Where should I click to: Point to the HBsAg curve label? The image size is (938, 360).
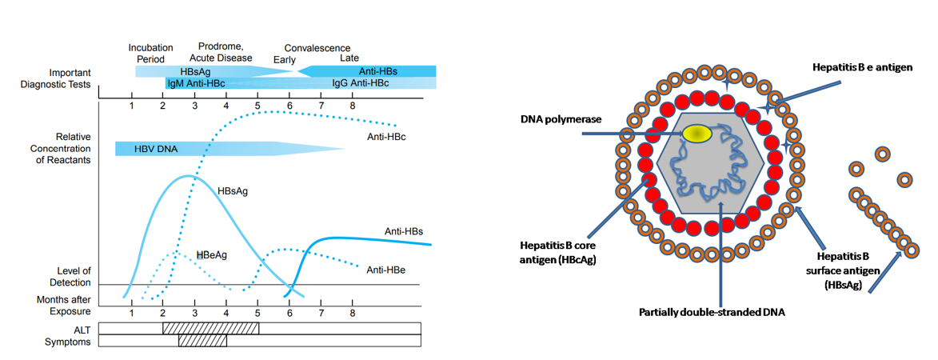(233, 192)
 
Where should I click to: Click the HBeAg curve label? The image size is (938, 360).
(211, 254)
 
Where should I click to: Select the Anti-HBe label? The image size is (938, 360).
(385, 270)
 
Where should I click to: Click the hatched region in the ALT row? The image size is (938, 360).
(210, 328)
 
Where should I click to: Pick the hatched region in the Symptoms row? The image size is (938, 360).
(202, 341)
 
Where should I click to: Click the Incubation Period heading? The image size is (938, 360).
(150, 53)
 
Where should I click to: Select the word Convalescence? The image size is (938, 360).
(317, 48)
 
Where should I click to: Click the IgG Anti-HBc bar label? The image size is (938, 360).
(361, 83)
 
